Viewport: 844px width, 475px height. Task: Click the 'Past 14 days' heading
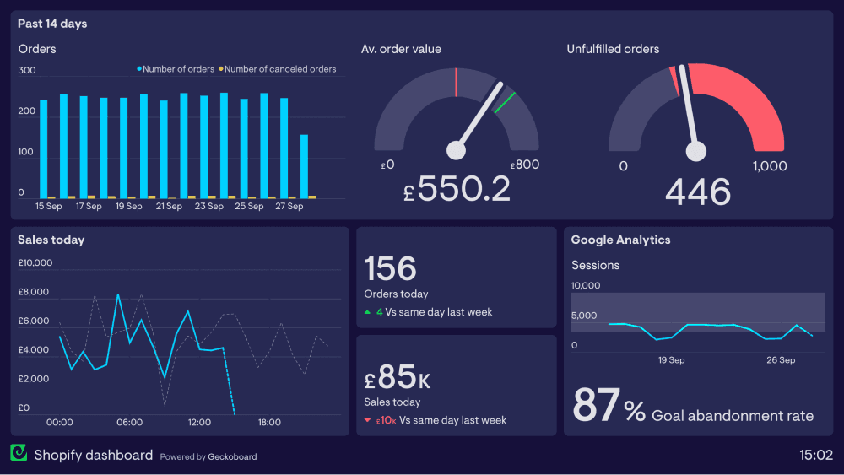[x=52, y=24]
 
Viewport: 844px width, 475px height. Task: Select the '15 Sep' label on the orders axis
[x=48, y=206]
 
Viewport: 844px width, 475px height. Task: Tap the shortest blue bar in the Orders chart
[x=304, y=166]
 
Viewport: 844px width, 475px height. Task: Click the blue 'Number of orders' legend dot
[x=139, y=69]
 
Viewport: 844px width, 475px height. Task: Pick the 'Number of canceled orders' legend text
[x=280, y=69]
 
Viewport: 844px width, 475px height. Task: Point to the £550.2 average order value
[x=457, y=190]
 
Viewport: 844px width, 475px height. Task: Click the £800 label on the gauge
[x=525, y=165]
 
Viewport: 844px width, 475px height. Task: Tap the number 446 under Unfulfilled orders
[x=697, y=192]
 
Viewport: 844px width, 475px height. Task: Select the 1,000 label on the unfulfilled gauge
[x=769, y=166]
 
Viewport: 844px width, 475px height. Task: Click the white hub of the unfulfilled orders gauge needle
[x=696, y=151]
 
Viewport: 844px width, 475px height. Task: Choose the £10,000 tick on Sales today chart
[x=35, y=262]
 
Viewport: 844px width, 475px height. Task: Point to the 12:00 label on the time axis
[x=199, y=422]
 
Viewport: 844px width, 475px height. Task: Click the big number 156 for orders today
[x=391, y=268]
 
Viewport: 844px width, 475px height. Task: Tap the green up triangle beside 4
[x=367, y=312]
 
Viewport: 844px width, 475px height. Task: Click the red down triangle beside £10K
[x=367, y=420]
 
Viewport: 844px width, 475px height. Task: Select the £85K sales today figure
[x=398, y=377]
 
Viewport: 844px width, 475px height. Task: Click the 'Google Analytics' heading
[x=620, y=240]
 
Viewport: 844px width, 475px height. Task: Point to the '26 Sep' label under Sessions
[x=781, y=360]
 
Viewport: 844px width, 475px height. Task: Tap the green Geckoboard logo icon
[x=19, y=454]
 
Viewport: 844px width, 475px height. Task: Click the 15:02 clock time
[x=816, y=456]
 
